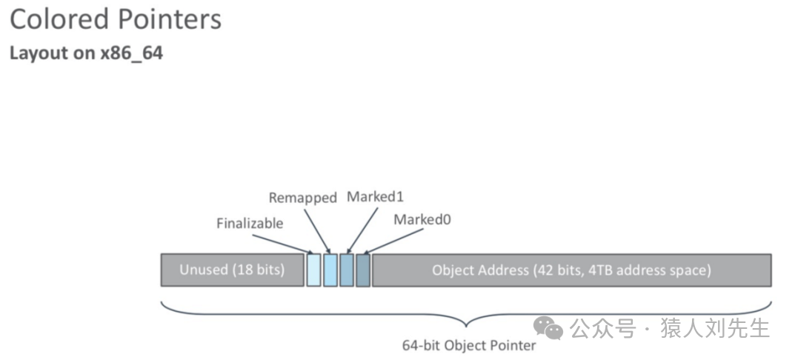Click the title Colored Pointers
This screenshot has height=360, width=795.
116,20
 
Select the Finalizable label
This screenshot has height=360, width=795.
250,223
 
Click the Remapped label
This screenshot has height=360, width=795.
302,198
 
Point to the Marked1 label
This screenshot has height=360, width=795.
375,197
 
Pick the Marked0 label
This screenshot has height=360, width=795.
422,219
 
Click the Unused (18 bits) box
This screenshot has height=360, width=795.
232,270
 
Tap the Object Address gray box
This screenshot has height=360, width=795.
571,270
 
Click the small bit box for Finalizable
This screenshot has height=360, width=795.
313,270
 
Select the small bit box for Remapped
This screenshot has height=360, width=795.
330,270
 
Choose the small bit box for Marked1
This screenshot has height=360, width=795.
347,270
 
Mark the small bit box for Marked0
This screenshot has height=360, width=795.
363,270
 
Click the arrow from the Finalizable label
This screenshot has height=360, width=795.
282,243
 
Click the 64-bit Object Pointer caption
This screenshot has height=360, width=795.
468,345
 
